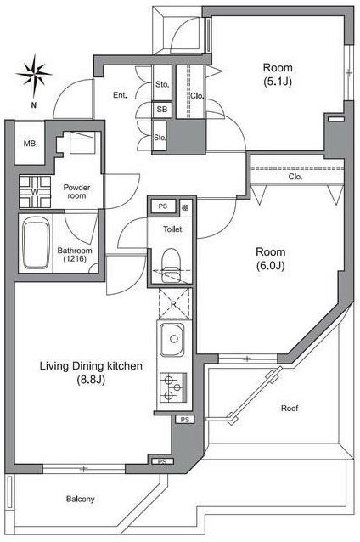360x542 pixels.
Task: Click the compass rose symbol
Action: (34, 75)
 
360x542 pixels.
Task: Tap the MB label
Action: (30, 143)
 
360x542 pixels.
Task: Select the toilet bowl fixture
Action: (172, 264)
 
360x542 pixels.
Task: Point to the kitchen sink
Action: (172, 340)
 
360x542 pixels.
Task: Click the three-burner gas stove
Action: (173, 387)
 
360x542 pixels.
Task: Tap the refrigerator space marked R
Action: (174, 303)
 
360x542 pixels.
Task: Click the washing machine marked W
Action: (35, 192)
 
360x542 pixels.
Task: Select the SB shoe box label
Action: (161, 110)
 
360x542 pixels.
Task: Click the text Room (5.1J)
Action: (278, 74)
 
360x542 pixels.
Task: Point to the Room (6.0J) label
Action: (271, 258)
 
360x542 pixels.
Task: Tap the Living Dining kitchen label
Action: (91, 373)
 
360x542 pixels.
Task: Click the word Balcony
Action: (80, 500)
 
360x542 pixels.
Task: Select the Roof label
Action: (290, 409)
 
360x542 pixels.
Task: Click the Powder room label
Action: (76, 191)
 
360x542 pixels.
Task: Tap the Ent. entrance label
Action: (120, 95)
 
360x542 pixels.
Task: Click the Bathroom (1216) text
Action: (75, 254)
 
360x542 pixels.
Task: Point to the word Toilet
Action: (172, 229)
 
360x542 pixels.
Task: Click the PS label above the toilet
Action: (163, 206)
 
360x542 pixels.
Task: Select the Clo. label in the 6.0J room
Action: (295, 177)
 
